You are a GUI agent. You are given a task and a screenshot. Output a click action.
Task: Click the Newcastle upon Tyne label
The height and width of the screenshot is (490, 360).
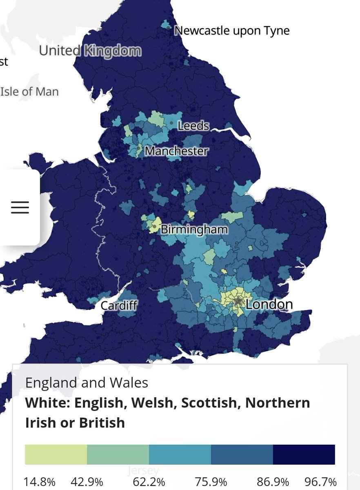click(232, 31)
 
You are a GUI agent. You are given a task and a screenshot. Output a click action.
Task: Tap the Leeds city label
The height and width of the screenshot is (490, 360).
click(193, 125)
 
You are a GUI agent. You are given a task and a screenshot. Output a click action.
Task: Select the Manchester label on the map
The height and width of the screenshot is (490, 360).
click(176, 151)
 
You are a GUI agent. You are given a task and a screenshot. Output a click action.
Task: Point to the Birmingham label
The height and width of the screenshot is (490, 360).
click(194, 229)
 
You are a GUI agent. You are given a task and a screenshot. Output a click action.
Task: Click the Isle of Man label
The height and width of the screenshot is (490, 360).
click(29, 91)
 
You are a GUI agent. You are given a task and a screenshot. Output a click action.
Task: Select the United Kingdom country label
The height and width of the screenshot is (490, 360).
click(90, 51)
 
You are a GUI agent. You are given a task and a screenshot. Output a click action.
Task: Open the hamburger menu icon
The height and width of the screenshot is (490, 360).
click(20, 207)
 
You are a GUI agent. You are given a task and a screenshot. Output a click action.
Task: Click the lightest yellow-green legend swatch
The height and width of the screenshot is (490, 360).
click(56, 454)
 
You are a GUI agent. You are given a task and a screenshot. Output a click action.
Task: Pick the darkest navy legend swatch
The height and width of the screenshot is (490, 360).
click(304, 454)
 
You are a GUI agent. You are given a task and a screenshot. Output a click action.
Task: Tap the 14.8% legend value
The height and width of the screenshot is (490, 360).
click(40, 481)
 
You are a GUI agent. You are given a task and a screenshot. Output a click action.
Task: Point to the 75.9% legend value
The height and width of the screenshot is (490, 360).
click(211, 481)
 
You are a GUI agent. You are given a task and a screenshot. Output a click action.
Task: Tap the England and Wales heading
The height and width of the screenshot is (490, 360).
click(87, 383)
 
